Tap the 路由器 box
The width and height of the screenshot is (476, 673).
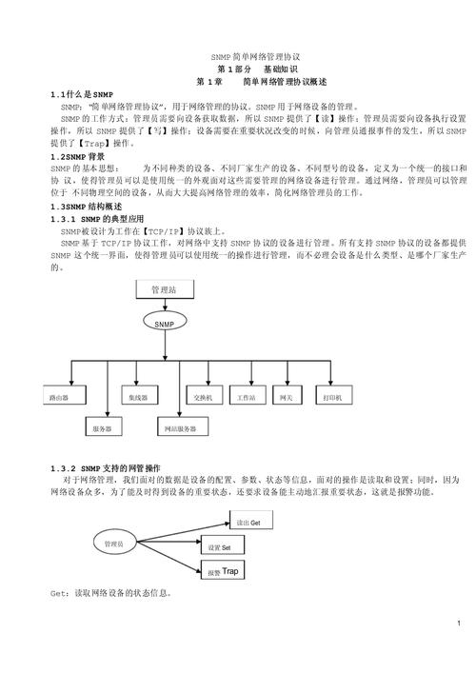pos(59,395)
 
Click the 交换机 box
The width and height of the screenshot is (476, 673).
pos(202,395)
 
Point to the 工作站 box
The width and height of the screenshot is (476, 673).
pos(246,395)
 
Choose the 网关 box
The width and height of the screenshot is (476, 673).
pos(286,395)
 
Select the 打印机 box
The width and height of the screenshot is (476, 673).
pos(333,395)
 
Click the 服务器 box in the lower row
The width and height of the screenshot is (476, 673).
pos(102,429)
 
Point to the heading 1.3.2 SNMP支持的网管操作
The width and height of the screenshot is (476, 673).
pos(105,469)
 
